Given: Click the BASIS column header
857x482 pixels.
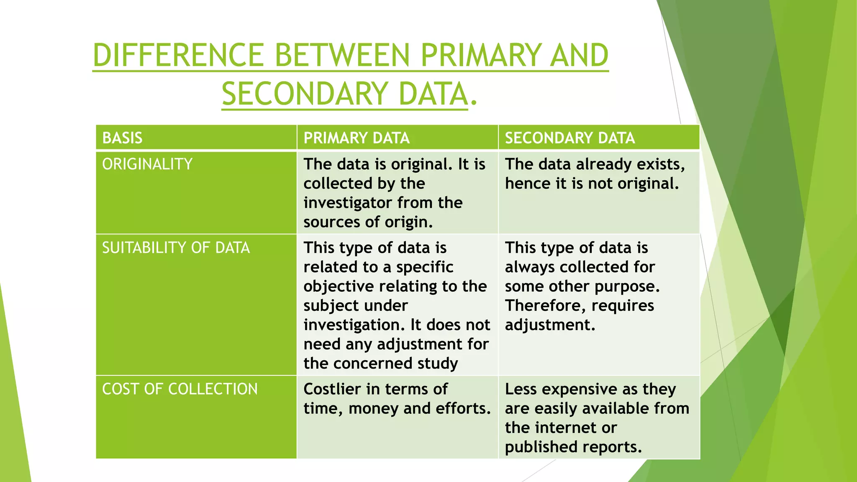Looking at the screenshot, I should (122, 138).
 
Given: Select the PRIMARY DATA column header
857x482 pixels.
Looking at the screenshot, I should (357, 138).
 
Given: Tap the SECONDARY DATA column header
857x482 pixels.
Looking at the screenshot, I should (570, 138).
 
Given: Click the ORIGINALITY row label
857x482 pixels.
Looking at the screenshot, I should (147, 164).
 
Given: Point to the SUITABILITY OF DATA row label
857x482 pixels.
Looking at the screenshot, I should (176, 248).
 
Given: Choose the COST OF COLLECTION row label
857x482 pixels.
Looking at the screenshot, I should (180, 389).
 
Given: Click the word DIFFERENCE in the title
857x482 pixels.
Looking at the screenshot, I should (178, 55).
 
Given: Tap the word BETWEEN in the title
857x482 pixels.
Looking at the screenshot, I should (342, 55).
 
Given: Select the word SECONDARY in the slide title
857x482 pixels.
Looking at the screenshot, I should (305, 94).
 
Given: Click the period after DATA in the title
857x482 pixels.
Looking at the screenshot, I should (473, 102).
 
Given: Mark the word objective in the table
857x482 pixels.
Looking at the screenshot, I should (339, 287).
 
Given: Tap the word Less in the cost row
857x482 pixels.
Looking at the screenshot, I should (521, 389).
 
